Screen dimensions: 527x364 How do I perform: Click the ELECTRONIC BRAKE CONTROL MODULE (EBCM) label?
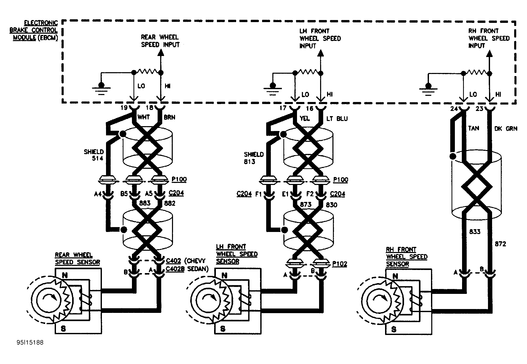[x=34, y=30]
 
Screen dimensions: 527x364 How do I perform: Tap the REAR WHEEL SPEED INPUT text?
[x=160, y=41]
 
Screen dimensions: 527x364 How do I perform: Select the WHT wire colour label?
[x=144, y=117]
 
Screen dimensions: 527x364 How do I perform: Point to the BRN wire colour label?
[x=169, y=117]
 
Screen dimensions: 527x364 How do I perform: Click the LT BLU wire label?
[x=337, y=119]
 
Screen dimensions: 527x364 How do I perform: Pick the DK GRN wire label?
[x=506, y=129]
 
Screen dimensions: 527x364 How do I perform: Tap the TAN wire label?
[x=474, y=128]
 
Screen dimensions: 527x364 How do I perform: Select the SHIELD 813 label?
[x=254, y=158]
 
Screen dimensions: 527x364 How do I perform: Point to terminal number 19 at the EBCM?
[x=124, y=108]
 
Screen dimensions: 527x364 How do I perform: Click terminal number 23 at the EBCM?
[x=480, y=109]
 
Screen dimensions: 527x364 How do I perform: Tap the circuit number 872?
[x=500, y=244]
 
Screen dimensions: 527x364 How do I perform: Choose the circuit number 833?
[x=475, y=232]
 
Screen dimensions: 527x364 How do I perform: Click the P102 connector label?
[x=340, y=264]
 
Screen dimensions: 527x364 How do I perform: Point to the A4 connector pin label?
[x=98, y=194]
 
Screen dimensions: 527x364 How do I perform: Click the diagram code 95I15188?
[x=30, y=342]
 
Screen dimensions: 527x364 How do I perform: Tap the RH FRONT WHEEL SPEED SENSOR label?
[x=407, y=257]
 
